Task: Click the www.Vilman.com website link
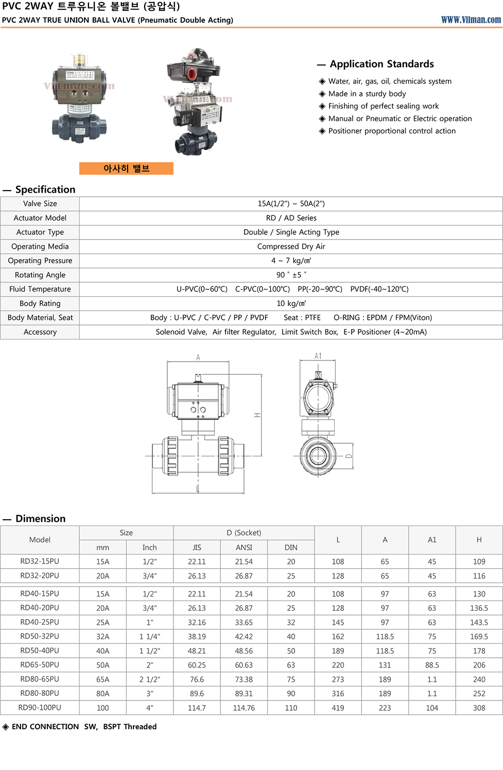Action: (471, 20)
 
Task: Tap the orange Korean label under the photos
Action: (126, 168)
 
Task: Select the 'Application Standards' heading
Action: (381, 64)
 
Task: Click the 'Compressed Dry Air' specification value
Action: (291, 246)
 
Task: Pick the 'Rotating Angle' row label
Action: (40, 275)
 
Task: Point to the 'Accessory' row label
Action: (40, 332)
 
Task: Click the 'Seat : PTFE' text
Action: (302, 318)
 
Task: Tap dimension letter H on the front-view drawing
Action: (257, 415)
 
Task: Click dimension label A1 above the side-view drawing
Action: (318, 356)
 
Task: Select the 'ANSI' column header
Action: (244, 547)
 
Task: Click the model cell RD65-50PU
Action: (40, 665)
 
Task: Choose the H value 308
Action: (479, 708)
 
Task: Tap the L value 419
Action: (338, 708)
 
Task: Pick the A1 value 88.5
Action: (432, 665)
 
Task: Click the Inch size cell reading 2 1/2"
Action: (149, 679)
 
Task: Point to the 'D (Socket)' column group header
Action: (244, 533)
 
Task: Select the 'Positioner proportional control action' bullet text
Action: (392, 131)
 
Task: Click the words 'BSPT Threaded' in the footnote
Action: (130, 726)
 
